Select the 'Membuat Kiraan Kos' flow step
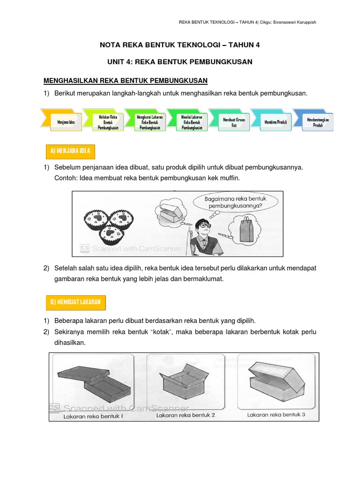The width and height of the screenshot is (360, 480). click(x=228, y=122)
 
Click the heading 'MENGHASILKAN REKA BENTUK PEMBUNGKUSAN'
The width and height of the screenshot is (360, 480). click(x=125, y=81)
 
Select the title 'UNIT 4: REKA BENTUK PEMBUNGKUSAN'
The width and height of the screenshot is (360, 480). click(x=180, y=62)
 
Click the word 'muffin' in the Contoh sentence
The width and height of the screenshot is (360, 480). click(x=231, y=179)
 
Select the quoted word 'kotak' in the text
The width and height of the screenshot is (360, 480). click(x=139, y=332)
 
